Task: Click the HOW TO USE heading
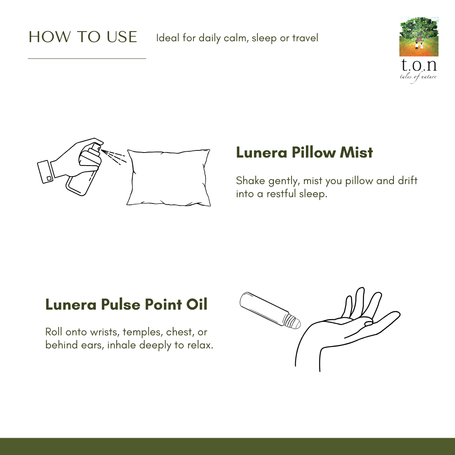(x=83, y=37)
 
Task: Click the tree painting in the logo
(x=418, y=37)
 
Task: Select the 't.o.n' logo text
(x=418, y=66)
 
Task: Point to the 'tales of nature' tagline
(x=418, y=77)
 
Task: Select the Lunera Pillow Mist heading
(x=304, y=152)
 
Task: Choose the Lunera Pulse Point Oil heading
(x=126, y=304)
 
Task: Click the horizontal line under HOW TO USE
(x=87, y=59)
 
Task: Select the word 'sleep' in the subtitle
(x=265, y=38)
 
